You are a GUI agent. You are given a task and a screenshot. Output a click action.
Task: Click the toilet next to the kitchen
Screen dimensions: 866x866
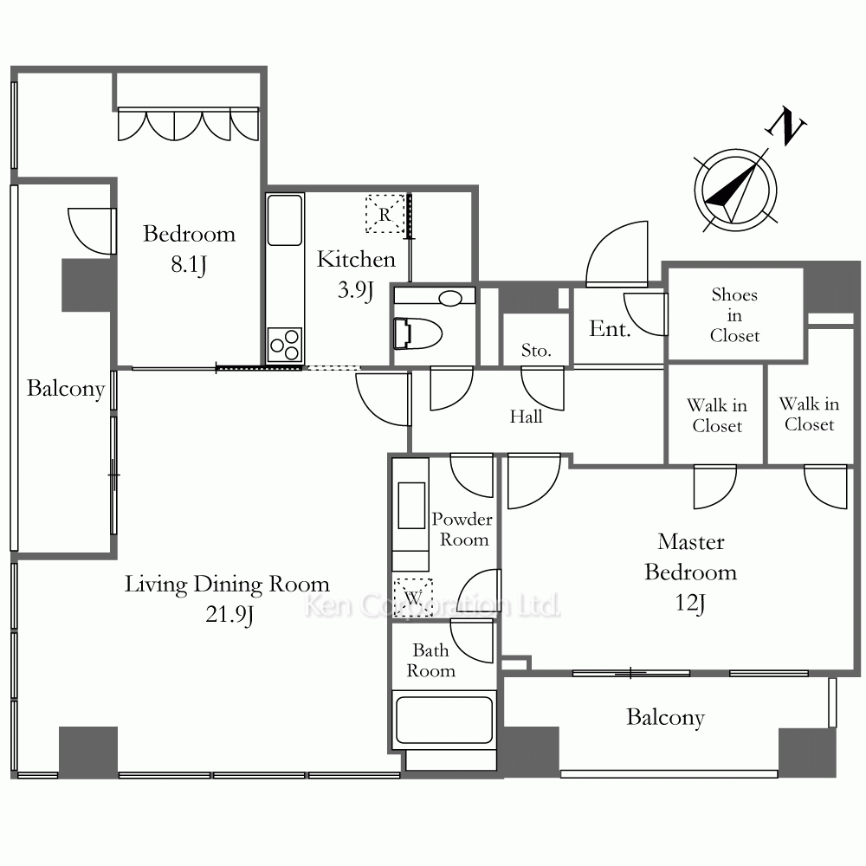418,333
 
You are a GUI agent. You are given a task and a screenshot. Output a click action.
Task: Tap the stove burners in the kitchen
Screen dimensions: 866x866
285,345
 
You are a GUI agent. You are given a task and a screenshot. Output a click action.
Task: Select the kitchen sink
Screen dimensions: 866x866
285,220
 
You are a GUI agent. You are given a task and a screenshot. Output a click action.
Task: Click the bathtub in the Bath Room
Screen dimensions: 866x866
444,720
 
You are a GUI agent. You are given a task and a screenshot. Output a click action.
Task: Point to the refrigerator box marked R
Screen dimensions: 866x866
385,213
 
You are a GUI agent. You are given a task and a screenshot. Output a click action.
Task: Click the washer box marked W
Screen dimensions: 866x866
412,598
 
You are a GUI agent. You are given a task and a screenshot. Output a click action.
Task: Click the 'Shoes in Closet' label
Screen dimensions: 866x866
734,315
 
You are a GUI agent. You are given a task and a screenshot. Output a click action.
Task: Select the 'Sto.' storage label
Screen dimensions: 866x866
536,350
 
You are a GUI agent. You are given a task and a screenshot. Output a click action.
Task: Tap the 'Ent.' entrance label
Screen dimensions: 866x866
610,329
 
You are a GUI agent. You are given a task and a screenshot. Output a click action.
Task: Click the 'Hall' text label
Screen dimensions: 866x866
526,417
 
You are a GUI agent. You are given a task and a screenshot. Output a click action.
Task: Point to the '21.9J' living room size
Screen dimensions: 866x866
229,615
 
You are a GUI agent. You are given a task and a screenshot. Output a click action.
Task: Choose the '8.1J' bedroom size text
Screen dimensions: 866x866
188,265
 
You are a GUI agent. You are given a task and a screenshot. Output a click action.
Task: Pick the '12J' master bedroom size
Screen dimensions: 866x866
690,603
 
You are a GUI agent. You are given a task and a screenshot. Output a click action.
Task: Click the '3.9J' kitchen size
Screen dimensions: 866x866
356,290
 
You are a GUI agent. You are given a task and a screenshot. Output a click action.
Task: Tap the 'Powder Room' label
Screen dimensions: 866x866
462,529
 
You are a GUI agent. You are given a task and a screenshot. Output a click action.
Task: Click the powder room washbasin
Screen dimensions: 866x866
411,506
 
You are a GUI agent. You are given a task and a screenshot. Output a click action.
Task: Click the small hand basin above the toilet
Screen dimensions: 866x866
450,299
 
